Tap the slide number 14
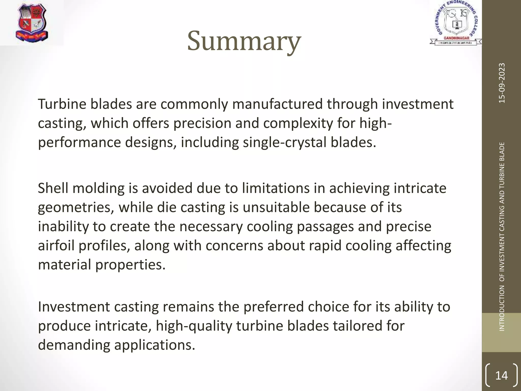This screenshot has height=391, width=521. click(501, 376)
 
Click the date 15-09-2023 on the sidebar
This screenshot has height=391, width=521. click(502, 83)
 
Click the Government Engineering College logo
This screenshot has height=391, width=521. click(456, 23)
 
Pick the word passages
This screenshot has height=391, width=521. click(325, 227)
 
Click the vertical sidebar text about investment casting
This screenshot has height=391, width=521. click(502, 237)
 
